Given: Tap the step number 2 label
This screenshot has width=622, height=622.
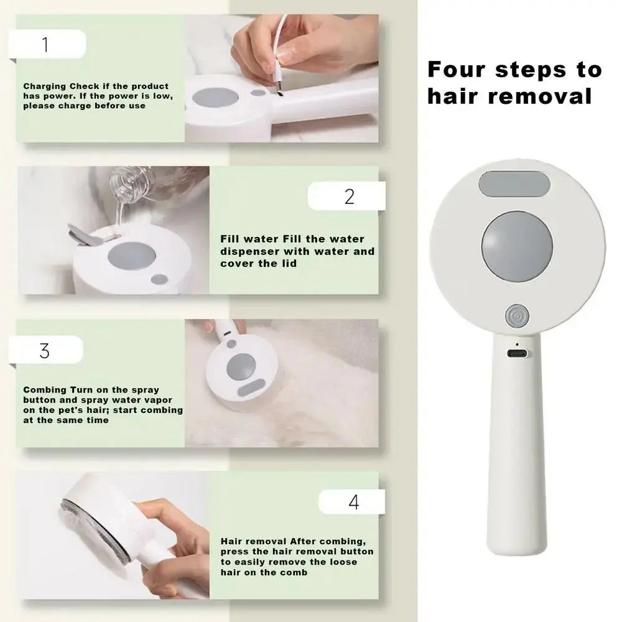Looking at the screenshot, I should click(x=349, y=197).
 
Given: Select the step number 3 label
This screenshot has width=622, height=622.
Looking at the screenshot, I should click(x=44, y=351).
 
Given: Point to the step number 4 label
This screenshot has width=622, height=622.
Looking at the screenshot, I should click(x=353, y=503).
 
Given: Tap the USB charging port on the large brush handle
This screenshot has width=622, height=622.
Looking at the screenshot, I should click(x=517, y=353).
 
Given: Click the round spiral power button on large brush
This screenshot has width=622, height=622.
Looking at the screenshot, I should click(x=517, y=316).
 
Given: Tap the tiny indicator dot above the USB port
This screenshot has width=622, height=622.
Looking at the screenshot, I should click(x=517, y=343).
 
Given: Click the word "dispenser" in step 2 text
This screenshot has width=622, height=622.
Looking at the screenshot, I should click(x=250, y=251).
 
